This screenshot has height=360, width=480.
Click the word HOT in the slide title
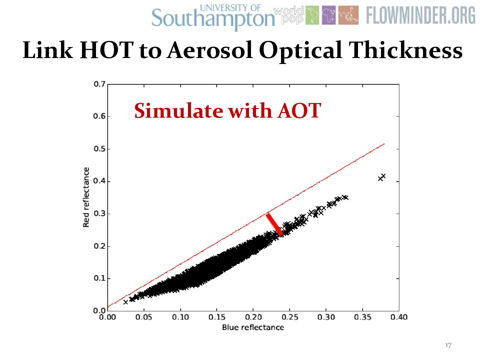107,51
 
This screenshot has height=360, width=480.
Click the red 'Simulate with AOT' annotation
227,111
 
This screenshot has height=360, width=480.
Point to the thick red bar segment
275,224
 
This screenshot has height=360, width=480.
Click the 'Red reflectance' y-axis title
86,197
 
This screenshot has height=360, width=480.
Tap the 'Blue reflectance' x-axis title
253,327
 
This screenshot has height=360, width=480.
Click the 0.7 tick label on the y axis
99,84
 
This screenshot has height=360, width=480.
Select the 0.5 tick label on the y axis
99,149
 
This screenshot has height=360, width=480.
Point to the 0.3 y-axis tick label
99,213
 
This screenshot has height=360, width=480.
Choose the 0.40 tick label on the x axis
399,317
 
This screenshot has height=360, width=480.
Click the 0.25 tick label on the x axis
290,317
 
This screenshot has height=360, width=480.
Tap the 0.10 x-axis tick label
180,317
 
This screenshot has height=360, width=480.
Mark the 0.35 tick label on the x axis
362,317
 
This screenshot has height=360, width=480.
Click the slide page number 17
448,345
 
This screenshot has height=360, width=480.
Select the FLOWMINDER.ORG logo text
421,16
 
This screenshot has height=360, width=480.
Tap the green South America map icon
312,15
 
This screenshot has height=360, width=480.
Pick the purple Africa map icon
329,15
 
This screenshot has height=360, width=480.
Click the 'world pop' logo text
289,15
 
